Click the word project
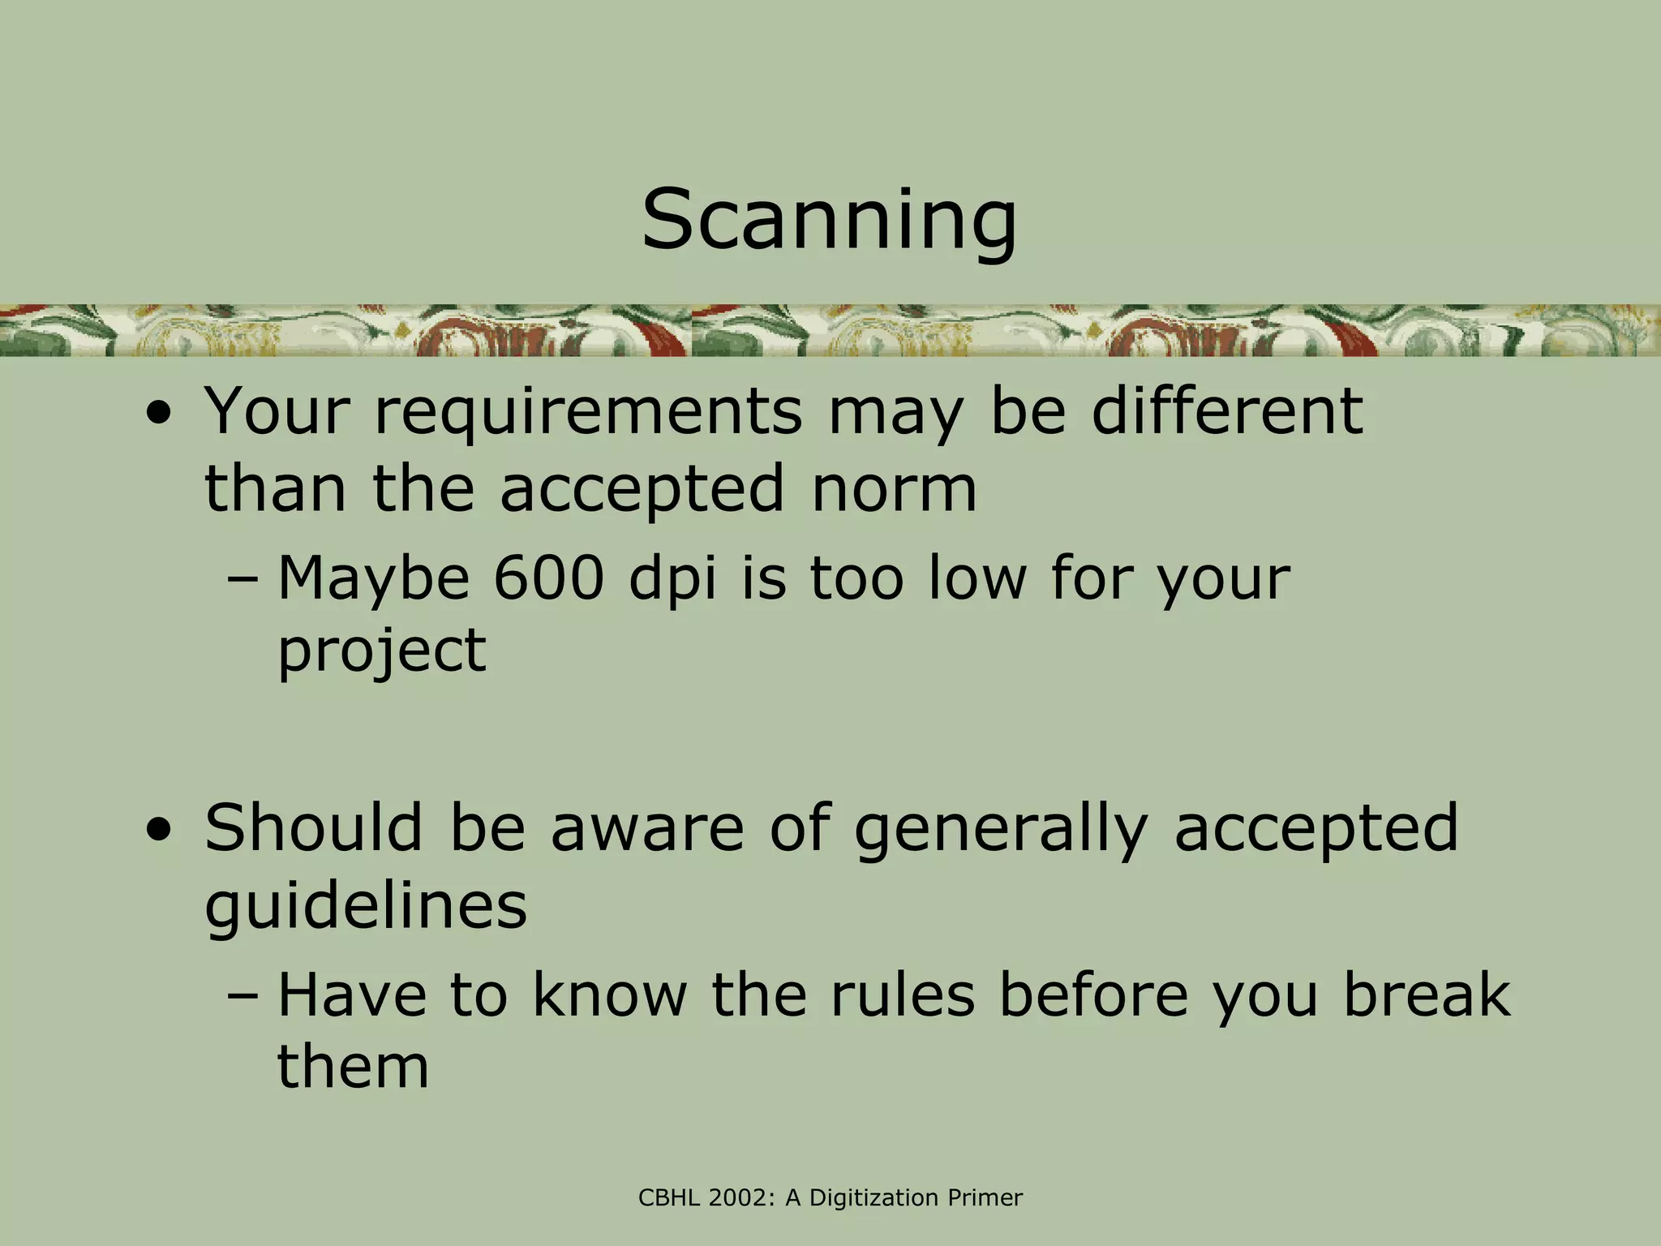pyautogui.click(x=381, y=651)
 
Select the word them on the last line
pyautogui.click(x=353, y=1066)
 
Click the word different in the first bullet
pyautogui.click(x=1226, y=412)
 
